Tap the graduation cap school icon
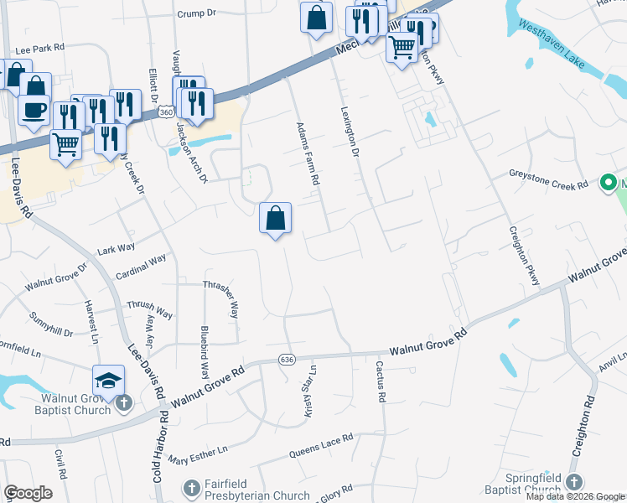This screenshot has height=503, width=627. pyautogui.click(x=109, y=381)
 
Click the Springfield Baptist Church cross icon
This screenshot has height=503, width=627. pyautogui.click(x=574, y=482)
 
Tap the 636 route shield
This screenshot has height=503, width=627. pyautogui.click(x=287, y=359)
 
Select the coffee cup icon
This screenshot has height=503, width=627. pyautogui.click(x=34, y=110)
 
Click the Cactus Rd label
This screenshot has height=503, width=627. pyautogui.click(x=380, y=381)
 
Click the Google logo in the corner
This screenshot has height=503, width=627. pyautogui.click(x=28, y=493)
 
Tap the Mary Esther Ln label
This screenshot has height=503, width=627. pyautogui.click(x=198, y=454)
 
